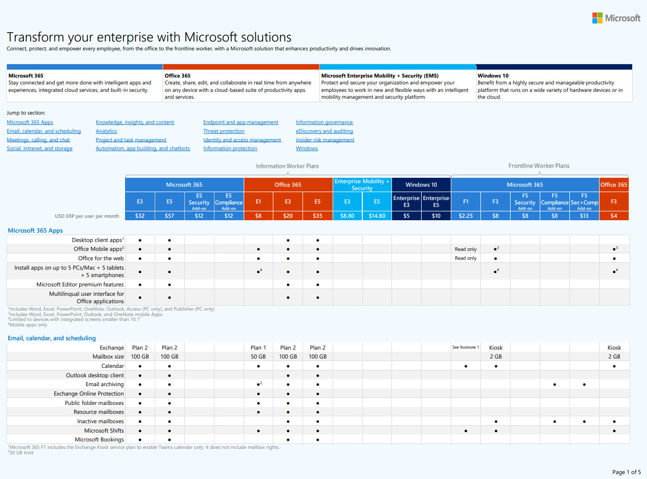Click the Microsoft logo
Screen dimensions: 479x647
[616, 18]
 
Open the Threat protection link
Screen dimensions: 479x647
[223, 131]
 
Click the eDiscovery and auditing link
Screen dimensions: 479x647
[324, 131]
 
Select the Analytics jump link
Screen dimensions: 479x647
[106, 131]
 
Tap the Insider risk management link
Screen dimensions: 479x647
[325, 140]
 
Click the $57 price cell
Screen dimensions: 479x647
[170, 216]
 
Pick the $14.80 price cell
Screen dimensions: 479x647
[377, 216]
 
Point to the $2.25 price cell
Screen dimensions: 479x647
[466, 216]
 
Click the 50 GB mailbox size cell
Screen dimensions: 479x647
[258, 357]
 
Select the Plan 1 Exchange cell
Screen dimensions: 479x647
[258, 348]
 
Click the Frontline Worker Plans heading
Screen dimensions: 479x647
[539, 166]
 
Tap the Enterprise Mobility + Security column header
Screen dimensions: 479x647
[362, 185]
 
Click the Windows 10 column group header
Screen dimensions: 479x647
[421, 185]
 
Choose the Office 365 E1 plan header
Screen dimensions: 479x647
[258, 201]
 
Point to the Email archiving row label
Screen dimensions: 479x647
[104, 384]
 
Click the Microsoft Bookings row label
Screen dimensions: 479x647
[99, 439]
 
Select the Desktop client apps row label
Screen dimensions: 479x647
[97, 240]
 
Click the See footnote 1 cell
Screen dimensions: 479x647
[466, 347]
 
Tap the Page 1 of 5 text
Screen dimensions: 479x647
[626, 472]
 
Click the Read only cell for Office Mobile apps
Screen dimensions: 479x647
[466, 249]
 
